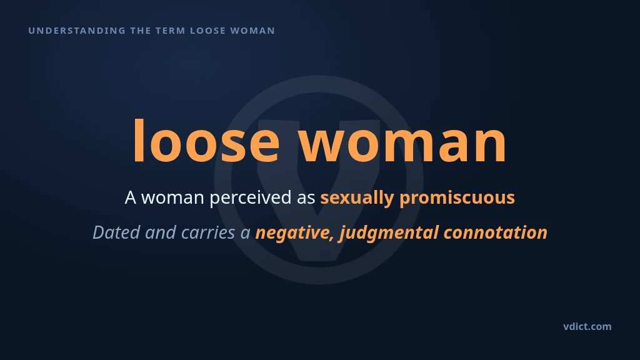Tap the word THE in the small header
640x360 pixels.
pos(141,31)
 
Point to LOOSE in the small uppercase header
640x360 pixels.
pos(207,31)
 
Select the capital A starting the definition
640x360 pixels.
pos(130,197)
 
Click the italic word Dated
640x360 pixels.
pos(116,232)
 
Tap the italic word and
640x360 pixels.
pos(161,232)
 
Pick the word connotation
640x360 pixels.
pos(496,232)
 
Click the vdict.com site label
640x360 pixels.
pos(587,326)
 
